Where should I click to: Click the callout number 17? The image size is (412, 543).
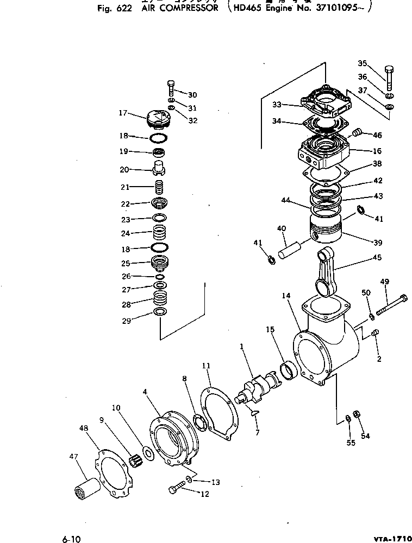(123, 113)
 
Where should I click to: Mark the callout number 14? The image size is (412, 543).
(286, 296)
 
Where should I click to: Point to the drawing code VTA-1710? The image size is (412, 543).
(391, 538)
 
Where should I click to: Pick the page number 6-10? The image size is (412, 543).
(71, 539)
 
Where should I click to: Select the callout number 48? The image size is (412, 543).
(84, 429)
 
